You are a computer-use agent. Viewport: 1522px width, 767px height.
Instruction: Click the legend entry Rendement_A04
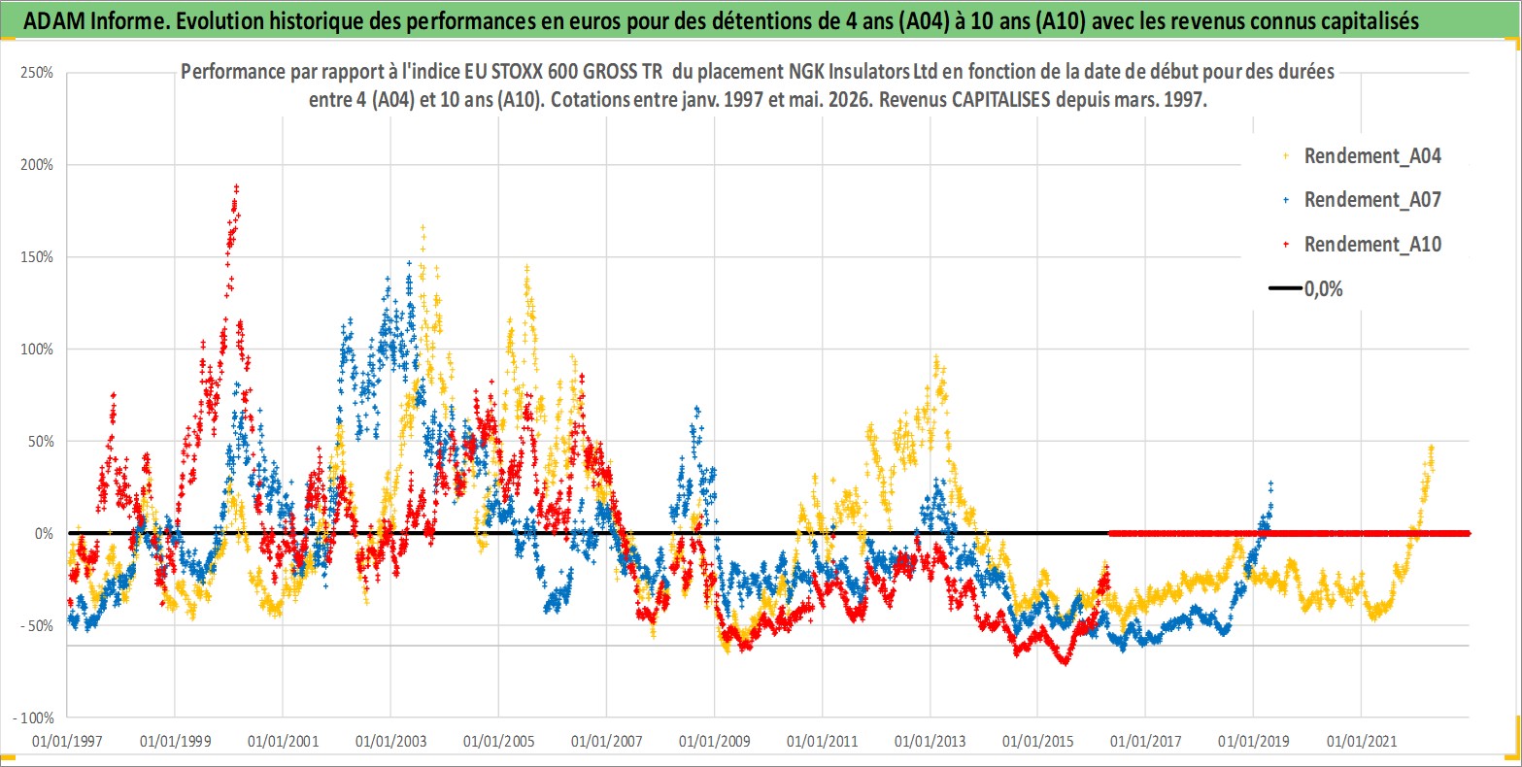click(1363, 156)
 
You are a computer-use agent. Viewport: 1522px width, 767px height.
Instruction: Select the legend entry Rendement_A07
click(1363, 200)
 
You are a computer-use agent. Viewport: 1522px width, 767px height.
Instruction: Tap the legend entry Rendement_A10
click(1363, 244)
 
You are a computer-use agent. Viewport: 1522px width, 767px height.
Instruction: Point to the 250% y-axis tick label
click(37, 73)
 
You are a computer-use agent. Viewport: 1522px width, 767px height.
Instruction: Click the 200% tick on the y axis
click(37, 164)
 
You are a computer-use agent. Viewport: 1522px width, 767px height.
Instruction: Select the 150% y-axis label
click(37, 256)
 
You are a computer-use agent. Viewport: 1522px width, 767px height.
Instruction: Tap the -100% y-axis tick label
click(33, 717)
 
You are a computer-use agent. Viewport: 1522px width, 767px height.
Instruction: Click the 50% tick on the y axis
click(40, 441)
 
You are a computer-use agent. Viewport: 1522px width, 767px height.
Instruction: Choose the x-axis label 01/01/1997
click(67, 741)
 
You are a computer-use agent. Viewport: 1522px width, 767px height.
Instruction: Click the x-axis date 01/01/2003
click(390, 741)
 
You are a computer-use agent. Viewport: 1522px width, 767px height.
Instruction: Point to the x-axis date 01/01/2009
click(714, 741)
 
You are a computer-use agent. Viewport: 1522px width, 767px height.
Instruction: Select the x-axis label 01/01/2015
click(1037, 741)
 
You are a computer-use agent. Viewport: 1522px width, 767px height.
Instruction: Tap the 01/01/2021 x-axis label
click(1362, 741)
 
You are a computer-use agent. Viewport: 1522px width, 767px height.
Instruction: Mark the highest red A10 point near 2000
click(236, 186)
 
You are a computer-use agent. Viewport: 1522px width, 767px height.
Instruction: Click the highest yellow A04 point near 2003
click(423, 227)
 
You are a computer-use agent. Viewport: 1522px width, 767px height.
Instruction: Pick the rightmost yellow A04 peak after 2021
click(1432, 448)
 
